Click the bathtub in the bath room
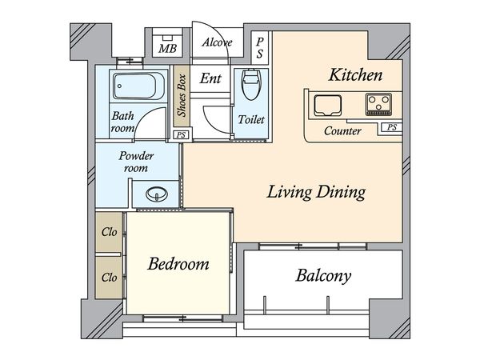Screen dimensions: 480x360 pos(138,86)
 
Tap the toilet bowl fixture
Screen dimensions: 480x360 pos(250,85)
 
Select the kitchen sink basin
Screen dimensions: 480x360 pos(327,106)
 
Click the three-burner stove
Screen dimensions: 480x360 pos(378,104)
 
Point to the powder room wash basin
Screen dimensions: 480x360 pos(157,194)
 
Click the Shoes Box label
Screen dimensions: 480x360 pos(182,95)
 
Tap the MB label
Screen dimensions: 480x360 pos(167,48)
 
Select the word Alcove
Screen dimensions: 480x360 pos(217,42)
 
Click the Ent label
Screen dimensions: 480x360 pos(210,78)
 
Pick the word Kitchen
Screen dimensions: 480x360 pos(355,75)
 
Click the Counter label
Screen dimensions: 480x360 pos(342,131)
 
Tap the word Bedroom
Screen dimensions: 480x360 pos(178,263)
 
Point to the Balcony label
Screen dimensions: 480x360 pos(323,276)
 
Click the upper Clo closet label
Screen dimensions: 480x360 pos(110,232)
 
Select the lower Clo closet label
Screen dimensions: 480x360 pos(110,278)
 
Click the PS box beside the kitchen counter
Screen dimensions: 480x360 pos(392,127)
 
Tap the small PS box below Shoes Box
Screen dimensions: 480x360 pos(181,135)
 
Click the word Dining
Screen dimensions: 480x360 pos(341,193)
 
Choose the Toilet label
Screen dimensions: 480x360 pos(251,119)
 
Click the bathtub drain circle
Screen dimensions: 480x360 pos(119,86)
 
